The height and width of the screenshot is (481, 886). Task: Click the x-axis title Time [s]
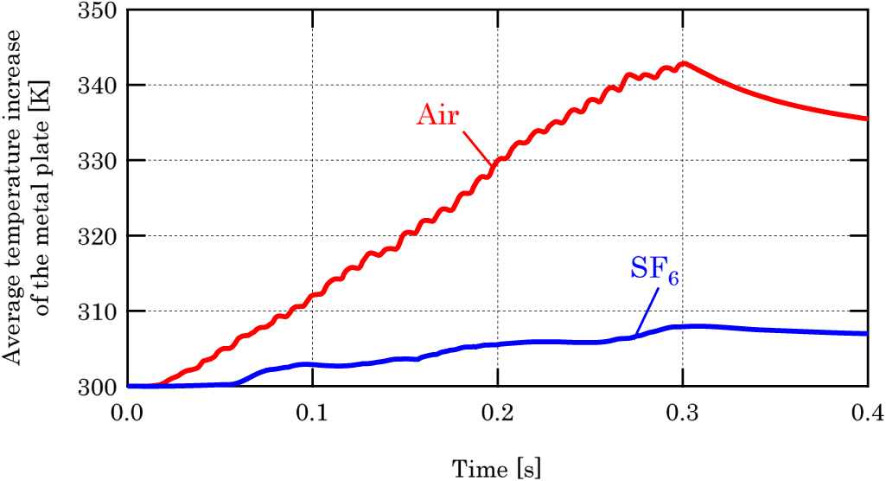point(497,468)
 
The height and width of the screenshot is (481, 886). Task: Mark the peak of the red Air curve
point(684,63)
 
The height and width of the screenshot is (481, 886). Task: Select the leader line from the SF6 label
point(647,311)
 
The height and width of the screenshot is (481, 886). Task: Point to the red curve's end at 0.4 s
point(865,119)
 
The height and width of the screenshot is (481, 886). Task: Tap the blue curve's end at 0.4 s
point(865,333)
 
